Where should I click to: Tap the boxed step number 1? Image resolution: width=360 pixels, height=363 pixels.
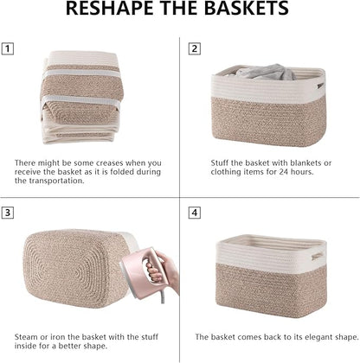click(9, 50)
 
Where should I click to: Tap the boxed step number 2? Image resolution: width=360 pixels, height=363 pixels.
click(194, 50)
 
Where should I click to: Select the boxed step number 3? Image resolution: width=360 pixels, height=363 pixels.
click(9, 213)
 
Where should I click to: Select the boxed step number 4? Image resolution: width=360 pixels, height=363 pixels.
click(194, 213)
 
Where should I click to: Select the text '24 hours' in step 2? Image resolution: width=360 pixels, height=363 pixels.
click(289, 172)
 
